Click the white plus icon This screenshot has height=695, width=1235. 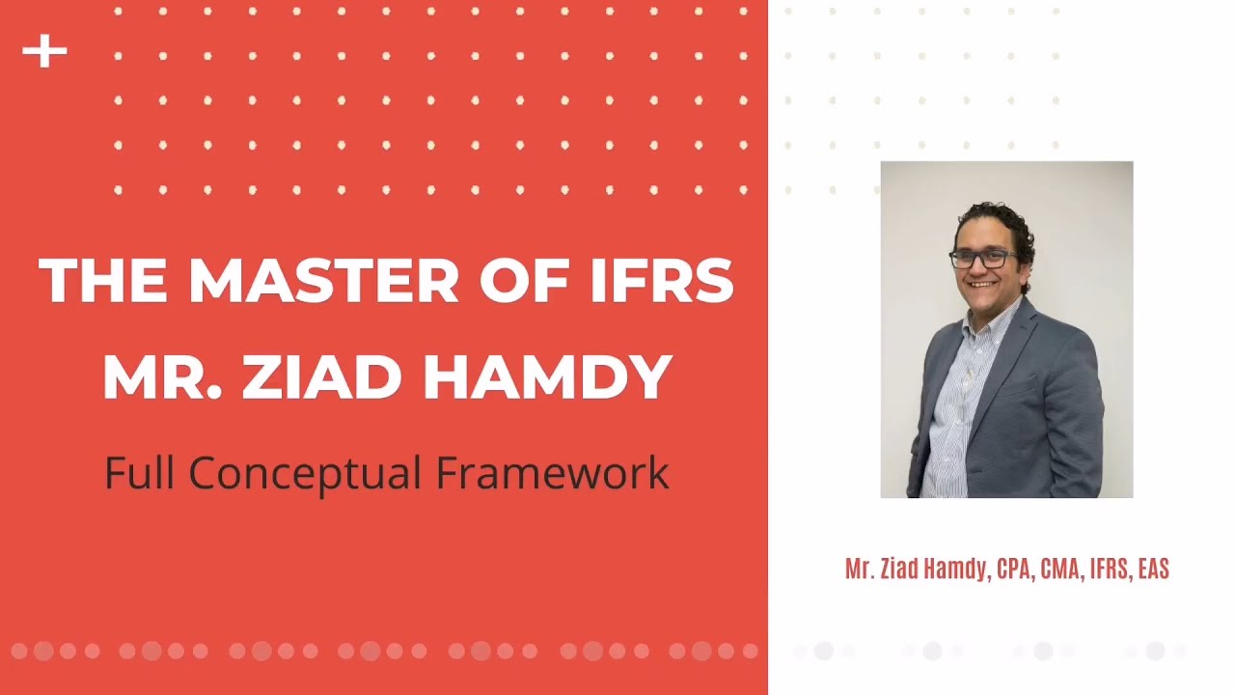coord(44,52)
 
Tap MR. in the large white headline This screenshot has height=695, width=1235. coord(160,376)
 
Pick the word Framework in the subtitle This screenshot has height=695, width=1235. coord(552,473)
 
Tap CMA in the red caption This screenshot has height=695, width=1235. coord(1060,570)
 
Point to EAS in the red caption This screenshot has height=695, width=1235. coord(1153,570)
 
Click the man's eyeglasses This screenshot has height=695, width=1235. coord(983,259)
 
